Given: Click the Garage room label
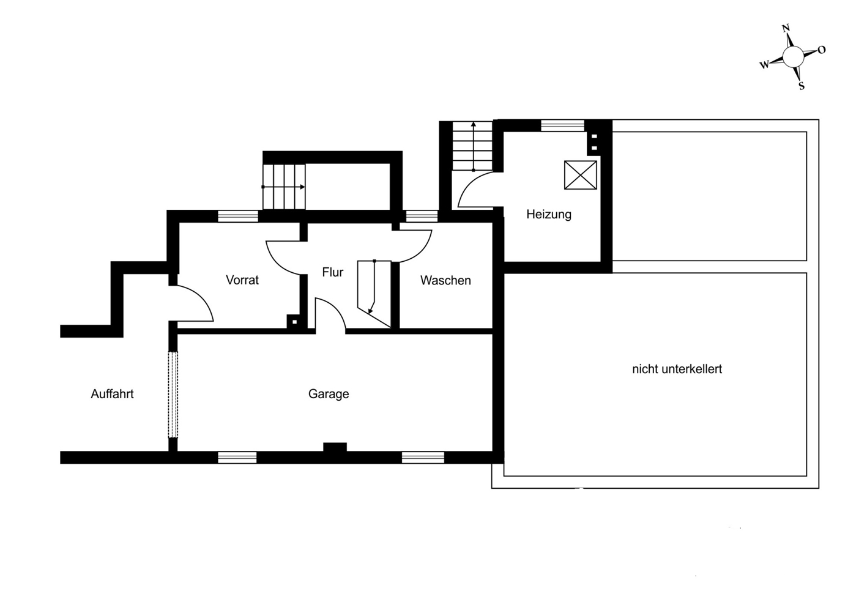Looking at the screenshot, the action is coord(329,394).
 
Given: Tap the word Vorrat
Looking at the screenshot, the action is coord(242,280).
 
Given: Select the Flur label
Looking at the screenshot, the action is coord(332,272).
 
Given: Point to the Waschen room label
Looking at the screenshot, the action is coord(445,280).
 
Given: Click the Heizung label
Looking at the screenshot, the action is coord(549,214).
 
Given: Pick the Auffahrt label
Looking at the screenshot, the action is coord(113,394).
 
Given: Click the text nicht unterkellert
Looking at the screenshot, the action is coord(677,369).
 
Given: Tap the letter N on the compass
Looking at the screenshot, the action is coord(786,28).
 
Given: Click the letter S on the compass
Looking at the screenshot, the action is coord(802,86).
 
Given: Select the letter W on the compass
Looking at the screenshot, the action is coord(764,65).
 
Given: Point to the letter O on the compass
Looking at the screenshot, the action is coord(822,50).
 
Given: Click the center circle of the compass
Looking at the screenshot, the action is coord(794,57).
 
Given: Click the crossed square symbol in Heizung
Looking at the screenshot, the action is coord(581,175).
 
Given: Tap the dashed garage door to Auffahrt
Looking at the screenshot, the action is coord(173,395).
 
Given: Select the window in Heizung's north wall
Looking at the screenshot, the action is coord(562,125).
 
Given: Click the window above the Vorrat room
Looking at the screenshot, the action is coord(237,216).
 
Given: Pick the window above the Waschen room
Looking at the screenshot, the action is coord(422,216).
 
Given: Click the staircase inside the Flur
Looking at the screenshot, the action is coord(374,294).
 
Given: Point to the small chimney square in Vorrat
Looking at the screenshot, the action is coord(294,322).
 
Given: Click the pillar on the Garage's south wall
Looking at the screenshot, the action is coord(335,447).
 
